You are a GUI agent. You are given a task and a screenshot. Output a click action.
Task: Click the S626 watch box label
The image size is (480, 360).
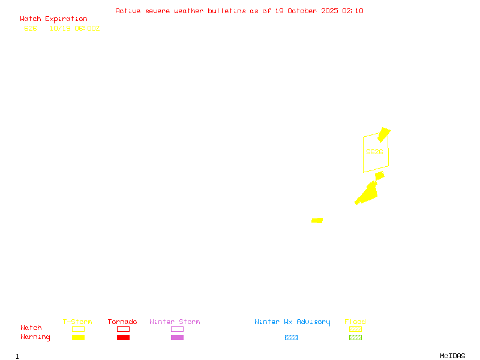pos(374,152)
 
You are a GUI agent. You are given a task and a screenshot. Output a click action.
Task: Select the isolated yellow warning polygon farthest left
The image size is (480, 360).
pos(317,220)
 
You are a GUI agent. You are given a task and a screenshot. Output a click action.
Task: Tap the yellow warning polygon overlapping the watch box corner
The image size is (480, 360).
pos(384,134)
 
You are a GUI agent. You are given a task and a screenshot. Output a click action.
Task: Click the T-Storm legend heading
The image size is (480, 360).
pos(77,322)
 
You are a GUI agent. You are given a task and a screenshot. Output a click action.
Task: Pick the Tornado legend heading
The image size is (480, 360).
pos(122,322)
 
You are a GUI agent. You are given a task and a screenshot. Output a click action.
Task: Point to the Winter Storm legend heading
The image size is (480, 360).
pos(175,322)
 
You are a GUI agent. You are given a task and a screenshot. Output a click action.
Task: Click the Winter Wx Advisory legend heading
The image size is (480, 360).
pos(292,322)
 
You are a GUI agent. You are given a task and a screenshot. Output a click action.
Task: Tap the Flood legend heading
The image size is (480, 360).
pos(355,322)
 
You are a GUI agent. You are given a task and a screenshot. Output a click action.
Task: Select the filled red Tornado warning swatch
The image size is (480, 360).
pos(123,337)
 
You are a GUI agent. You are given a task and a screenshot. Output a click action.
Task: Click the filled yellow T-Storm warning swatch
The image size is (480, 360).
pos(78,337)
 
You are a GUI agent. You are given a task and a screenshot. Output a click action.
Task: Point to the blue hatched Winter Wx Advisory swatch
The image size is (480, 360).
pos(291,337)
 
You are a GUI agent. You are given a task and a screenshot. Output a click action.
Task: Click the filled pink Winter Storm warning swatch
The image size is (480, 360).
pos(177,337)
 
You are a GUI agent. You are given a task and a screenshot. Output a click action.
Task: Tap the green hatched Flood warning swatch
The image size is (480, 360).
pos(355,337)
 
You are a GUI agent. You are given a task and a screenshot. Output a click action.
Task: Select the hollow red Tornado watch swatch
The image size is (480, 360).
pos(123,329)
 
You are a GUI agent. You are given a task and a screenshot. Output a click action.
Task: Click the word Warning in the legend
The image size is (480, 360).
pos(35,337)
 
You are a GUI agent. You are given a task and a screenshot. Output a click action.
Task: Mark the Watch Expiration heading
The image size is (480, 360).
pos(53,19)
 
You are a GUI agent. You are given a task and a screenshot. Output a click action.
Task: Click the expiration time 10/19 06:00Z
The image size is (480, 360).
pos(74,28)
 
